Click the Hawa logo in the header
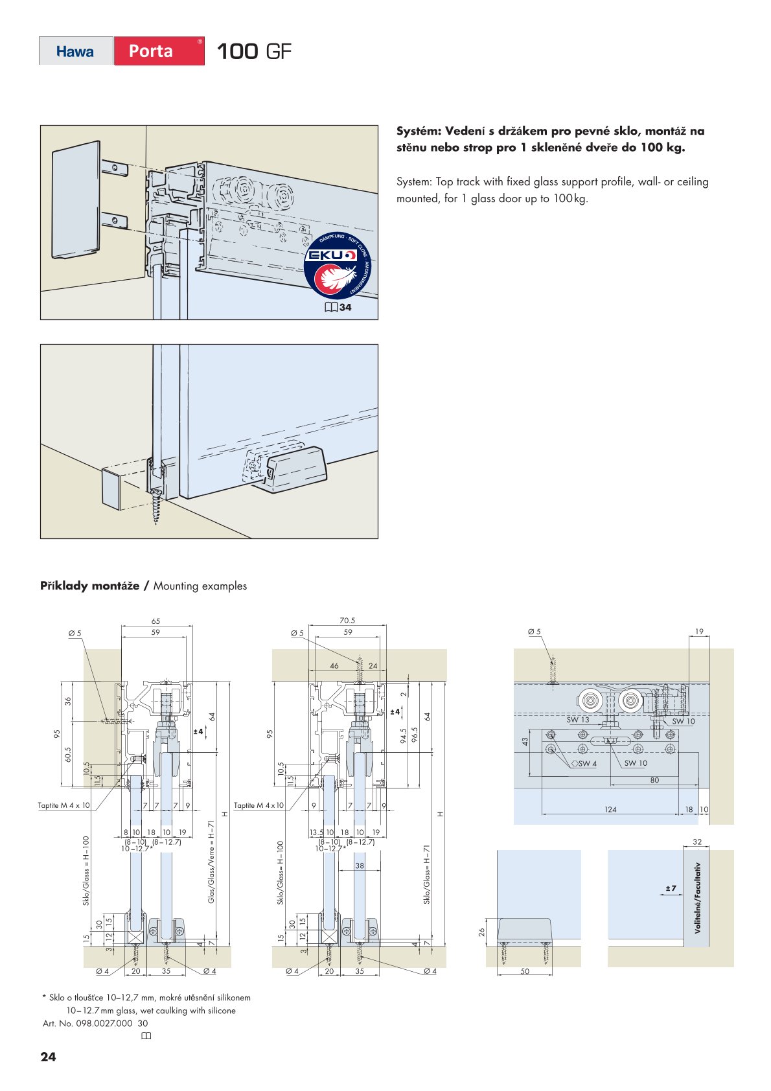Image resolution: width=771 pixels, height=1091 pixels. coord(75,51)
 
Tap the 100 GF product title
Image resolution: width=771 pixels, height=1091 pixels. coord(253,51)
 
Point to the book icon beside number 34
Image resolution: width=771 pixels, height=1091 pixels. coord(330,307)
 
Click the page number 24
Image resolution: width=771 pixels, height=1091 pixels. coord(48,1057)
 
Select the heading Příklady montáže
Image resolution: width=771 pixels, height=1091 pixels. coord(89,586)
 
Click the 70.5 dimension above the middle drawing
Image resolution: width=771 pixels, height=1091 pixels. coord(347,621)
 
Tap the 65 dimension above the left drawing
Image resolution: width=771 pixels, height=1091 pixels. coord(155,621)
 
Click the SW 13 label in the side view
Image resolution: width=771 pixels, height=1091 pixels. coord(577,720)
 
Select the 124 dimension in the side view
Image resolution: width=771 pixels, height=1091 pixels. coord(610,809)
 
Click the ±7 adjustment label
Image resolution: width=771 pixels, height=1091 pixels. coord(671,888)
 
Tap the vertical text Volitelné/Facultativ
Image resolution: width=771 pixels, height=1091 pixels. coord(698,897)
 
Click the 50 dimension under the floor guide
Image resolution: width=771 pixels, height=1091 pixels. coord(525,971)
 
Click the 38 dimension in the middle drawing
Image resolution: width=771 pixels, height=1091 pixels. coord(360,866)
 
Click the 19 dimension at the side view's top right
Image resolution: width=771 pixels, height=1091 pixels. coord(698,632)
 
